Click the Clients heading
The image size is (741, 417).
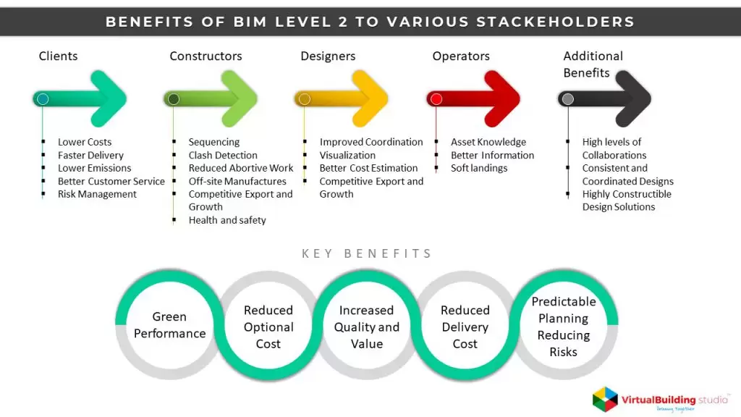(x=58, y=56)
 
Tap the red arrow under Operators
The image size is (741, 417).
(x=478, y=99)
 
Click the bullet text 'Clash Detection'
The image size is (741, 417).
(x=223, y=155)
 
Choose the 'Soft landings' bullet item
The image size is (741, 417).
(x=479, y=168)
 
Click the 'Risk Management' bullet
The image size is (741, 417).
(x=97, y=194)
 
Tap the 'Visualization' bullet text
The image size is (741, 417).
(x=347, y=155)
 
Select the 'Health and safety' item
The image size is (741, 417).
(x=227, y=220)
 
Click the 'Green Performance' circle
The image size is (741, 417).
(x=169, y=325)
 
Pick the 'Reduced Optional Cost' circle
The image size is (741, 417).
(x=268, y=327)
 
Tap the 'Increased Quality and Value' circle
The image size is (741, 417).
(x=367, y=327)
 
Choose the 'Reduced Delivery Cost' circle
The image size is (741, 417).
(x=465, y=327)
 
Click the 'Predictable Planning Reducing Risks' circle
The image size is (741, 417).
(x=564, y=327)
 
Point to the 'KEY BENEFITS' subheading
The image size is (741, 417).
(x=367, y=253)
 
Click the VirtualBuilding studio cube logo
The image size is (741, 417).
(x=606, y=399)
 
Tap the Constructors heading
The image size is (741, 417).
(x=206, y=56)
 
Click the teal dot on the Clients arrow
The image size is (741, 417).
(x=43, y=99)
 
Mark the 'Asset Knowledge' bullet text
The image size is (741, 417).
(x=488, y=142)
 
